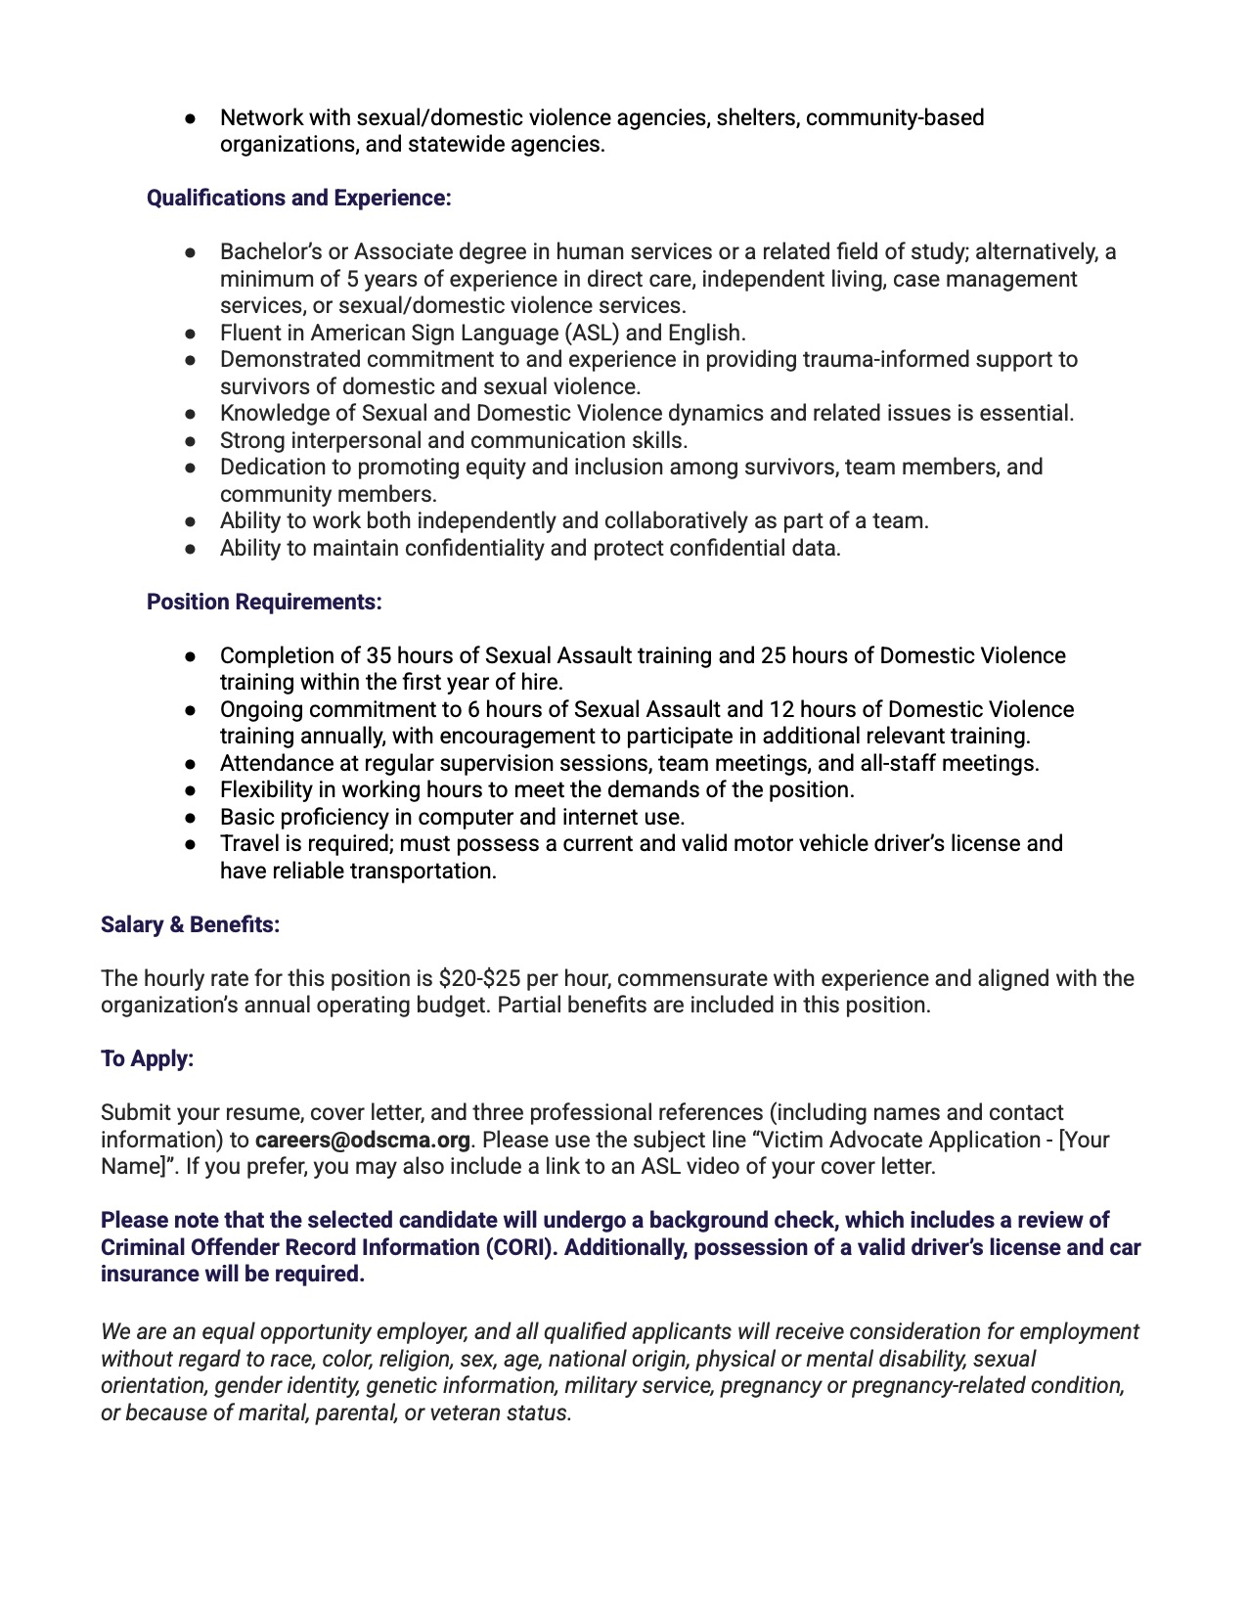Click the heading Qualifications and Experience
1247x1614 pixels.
[298, 198]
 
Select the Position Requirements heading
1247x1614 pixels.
[264, 602]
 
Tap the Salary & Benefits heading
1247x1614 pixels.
[190, 924]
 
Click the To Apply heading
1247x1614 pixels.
[147, 1058]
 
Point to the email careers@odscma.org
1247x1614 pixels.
[362, 1140]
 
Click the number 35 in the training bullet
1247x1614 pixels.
[379, 655]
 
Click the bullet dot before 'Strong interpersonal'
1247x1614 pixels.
[192, 441]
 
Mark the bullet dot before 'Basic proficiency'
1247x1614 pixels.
[192, 818]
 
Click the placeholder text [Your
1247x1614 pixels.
[1084, 1140]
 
